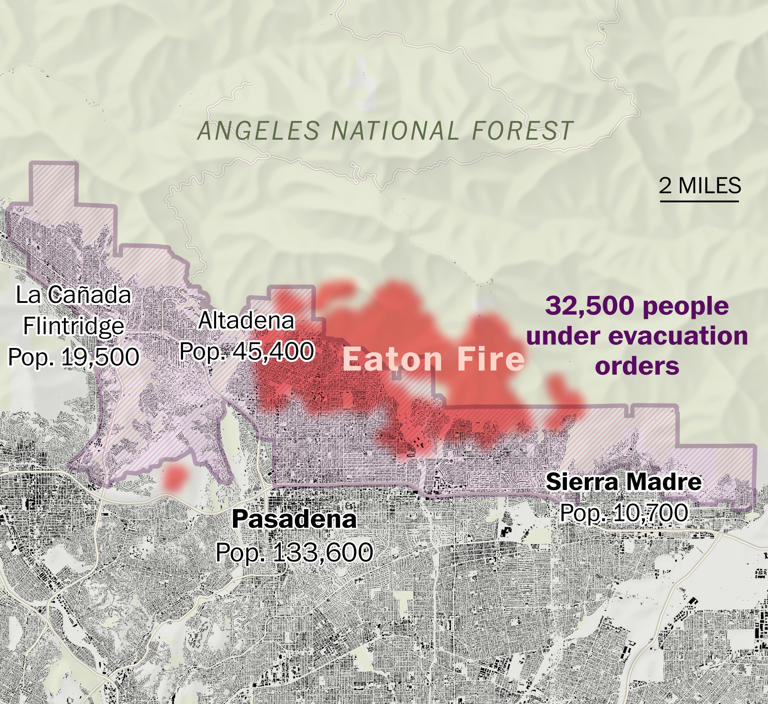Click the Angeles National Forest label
(385, 131)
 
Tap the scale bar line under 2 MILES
(699, 201)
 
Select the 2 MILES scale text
(699, 185)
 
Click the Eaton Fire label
(433, 359)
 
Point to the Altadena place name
(246, 321)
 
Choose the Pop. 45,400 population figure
(246, 351)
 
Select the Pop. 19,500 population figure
(73, 356)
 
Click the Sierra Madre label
(623, 483)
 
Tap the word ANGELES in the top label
(241, 131)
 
